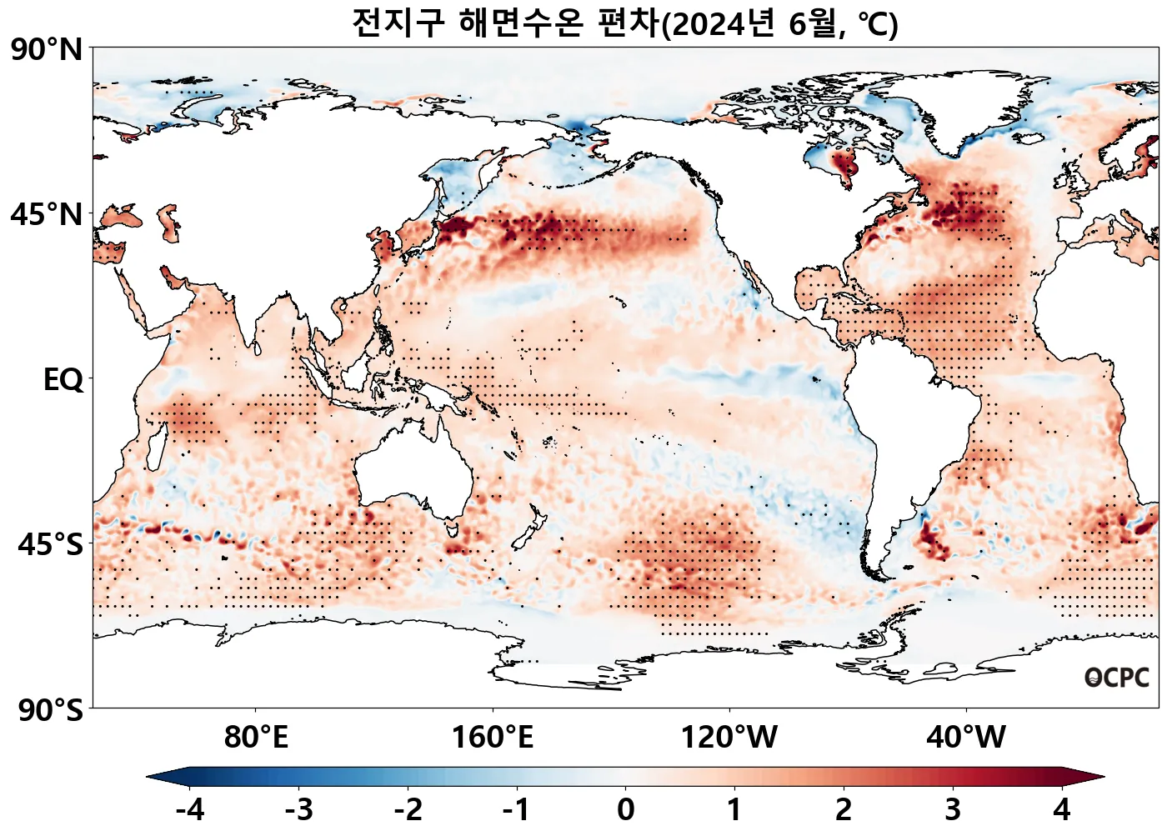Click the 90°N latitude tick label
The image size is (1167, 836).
[48, 50]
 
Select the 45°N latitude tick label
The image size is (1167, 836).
[48, 214]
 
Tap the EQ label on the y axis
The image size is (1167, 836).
[63, 380]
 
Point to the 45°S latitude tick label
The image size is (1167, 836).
[50, 544]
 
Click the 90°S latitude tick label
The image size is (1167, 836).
[50, 710]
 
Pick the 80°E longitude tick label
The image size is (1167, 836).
[256, 737]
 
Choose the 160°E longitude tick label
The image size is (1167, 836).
[493, 737]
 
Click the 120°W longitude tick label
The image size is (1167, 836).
[729, 737]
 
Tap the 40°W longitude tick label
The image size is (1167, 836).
[966, 737]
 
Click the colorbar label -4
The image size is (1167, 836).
[190, 809]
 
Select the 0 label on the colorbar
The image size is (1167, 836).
[626, 809]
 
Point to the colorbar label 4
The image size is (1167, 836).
[1061, 809]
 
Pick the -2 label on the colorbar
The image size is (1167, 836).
[408, 809]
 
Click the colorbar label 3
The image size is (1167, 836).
[953, 809]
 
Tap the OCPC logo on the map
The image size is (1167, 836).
[1116, 678]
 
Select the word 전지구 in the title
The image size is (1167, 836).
[398, 23]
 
